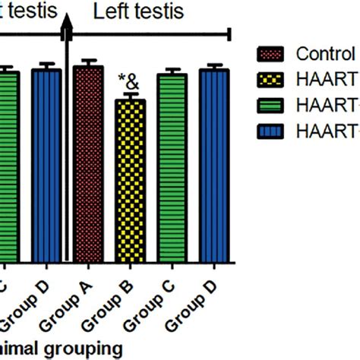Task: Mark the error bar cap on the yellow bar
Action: (130, 95)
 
